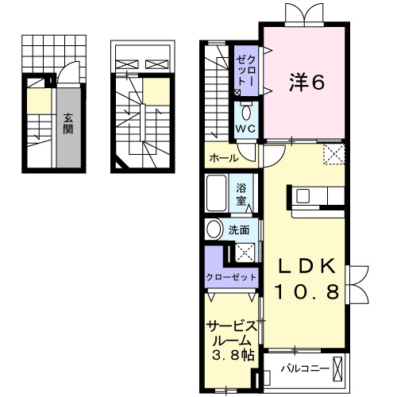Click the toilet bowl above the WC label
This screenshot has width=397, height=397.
pyautogui.click(x=245, y=111)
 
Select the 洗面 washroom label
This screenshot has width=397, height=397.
pyautogui.click(x=240, y=230)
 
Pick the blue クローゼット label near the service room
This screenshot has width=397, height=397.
pyautogui.click(x=231, y=277)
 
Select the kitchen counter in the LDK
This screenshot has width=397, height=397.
pyautogui.click(x=316, y=203)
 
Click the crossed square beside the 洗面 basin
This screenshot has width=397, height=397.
pyautogui.click(x=245, y=252)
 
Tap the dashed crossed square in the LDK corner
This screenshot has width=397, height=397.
pyautogui.click(x=333, y=153)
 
